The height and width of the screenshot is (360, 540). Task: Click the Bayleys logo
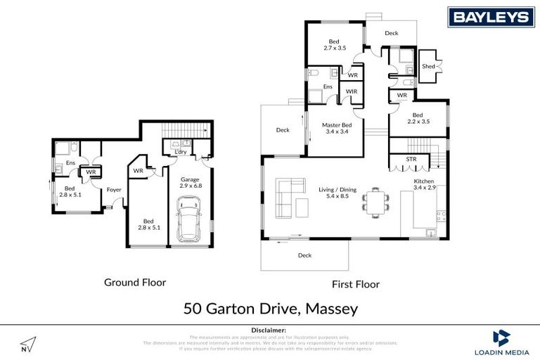(490, 17)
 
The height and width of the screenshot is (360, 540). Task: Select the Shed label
(428, 67)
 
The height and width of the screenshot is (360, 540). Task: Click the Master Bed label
(336, 129)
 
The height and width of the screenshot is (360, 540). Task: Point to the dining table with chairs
(375, 202)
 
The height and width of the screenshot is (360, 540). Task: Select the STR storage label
(411, 160)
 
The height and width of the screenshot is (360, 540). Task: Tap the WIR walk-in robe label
(352, 91)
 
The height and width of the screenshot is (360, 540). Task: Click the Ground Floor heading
(135, 282)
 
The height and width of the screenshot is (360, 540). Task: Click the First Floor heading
(355, 284)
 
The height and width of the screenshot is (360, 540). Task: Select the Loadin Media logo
(502, 342)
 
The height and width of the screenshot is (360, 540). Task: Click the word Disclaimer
(269, 330)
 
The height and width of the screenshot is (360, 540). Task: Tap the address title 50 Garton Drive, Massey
(271, 308)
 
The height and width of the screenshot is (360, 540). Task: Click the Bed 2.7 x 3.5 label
(335, 44)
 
